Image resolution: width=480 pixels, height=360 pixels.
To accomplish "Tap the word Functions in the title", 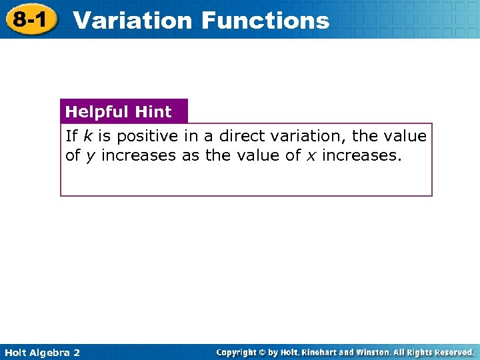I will click(265, 20).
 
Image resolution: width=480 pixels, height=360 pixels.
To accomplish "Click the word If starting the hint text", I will click(71, 136).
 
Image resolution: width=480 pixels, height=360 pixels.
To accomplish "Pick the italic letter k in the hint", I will click(88, 136).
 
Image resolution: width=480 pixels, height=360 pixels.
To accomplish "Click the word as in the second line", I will click(190, 156).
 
